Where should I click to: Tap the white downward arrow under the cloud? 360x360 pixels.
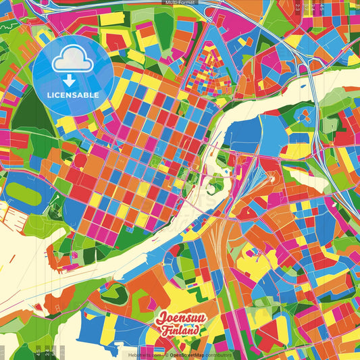point(72,81)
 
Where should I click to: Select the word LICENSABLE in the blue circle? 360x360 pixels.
point(72,95)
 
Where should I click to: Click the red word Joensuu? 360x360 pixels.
point(179,318)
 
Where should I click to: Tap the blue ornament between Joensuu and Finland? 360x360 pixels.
point(194,325)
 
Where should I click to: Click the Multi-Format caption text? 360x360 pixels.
point(180,3)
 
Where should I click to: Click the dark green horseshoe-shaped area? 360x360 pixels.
point(111,294)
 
